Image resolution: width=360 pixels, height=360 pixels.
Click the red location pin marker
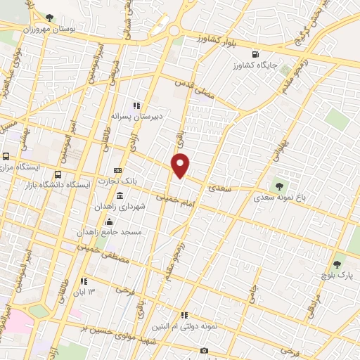(181, 165)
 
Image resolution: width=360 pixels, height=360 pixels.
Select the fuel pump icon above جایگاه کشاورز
(255, 53)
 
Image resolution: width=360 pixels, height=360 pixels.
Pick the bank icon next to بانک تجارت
(117, 170)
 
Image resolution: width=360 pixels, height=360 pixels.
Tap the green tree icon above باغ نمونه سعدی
(280, 186)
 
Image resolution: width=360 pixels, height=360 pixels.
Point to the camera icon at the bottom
(204, 350)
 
